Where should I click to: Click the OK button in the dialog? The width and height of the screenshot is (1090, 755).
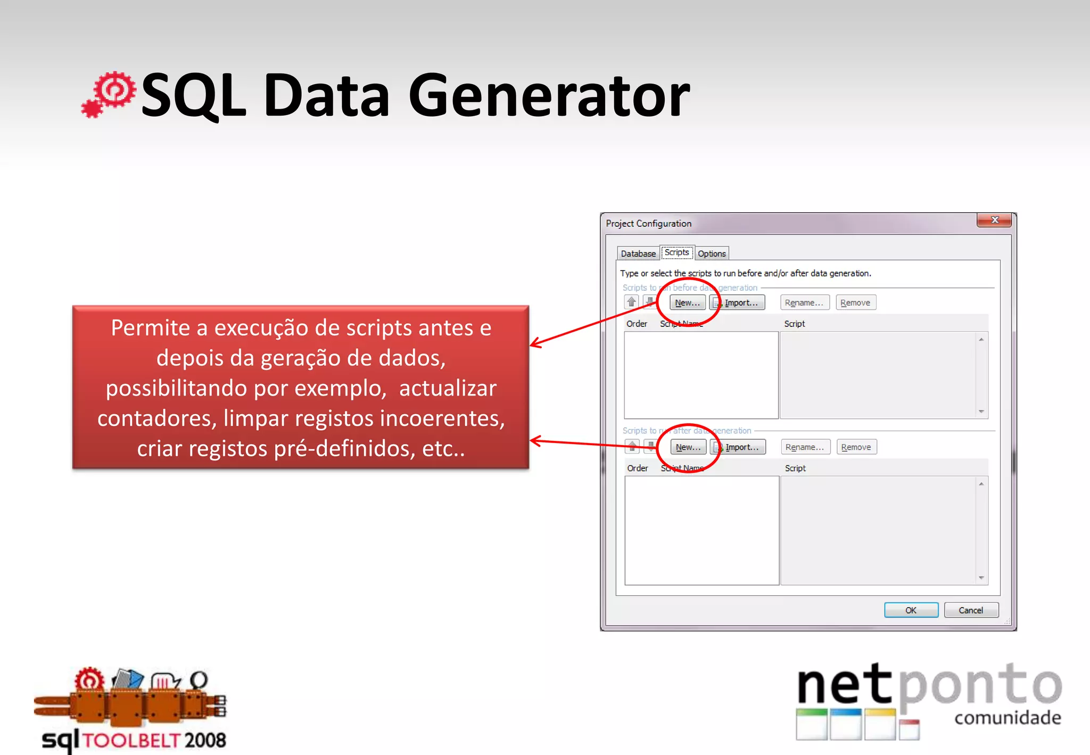point(911,610)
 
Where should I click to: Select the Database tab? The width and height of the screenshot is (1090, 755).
point(638,253)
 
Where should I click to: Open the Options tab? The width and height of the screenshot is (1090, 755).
point(712,253)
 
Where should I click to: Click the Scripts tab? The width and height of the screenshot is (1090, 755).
point(676,252)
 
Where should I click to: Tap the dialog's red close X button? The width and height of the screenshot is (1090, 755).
point(994,220)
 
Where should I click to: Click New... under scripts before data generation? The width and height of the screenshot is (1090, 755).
point(688,302)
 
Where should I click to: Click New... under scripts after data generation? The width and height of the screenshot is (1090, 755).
point(688,447)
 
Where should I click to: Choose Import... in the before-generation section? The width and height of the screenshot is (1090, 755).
point(737,302)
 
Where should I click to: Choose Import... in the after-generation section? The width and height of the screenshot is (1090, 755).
point(738,447)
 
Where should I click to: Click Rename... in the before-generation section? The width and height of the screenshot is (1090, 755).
point(804,302)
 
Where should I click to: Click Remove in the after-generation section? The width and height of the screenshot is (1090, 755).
point(856,447)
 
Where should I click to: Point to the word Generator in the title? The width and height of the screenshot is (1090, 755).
point(549,96)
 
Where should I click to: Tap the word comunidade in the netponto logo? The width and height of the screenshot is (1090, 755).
point(1008,718)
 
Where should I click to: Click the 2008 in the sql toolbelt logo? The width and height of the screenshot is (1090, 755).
point(205,740)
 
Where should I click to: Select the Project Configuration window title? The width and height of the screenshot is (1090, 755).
point(648,224)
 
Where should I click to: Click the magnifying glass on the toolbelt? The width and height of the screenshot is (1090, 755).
point(199,680)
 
